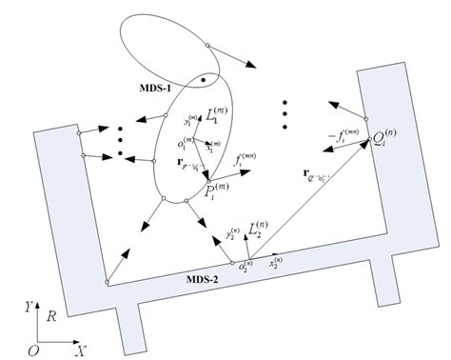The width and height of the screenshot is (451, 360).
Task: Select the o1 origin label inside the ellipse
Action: (x=183, y=144)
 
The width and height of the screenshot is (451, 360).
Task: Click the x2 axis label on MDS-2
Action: (x=278, y=260)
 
